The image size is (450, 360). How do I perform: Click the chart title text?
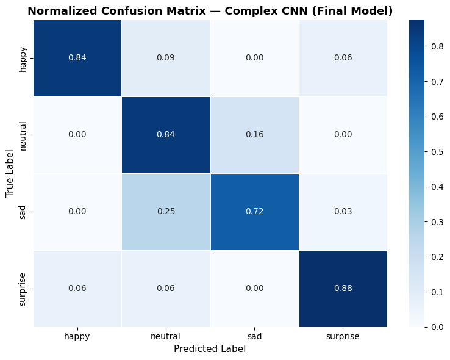point(210,10)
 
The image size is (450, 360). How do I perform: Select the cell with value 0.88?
point(343,289)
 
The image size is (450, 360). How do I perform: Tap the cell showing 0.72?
point(254,212)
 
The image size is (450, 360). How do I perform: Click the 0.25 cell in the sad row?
point(166,212)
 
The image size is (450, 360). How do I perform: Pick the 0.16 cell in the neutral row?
point(254,135)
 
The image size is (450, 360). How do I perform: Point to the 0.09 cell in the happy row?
point(166,58)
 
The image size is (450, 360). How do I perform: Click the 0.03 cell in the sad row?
point(343,212)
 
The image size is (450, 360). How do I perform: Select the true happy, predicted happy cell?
point(77,58)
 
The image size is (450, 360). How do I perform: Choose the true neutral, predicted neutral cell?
point(166,135)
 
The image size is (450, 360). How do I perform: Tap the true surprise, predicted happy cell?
point(77,289)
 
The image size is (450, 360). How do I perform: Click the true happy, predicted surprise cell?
point(343,58)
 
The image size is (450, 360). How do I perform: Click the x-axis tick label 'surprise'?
point(343,336)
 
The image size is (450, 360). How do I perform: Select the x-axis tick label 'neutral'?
point(166,336)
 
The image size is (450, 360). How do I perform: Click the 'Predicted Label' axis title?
point(210,349)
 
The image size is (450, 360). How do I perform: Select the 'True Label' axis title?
point(10,173)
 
